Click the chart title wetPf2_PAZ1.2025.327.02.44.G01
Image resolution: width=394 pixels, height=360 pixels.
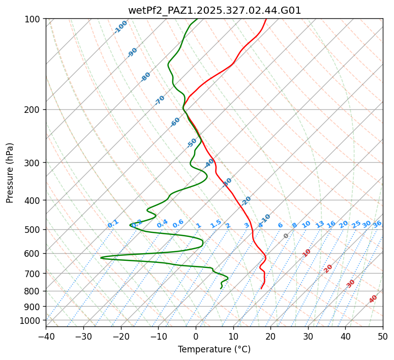(214, 10)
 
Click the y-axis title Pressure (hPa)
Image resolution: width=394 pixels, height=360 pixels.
(10, 173)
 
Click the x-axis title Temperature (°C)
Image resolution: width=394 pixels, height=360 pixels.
(214, 349)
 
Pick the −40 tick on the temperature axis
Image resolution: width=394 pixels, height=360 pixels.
(46, 336)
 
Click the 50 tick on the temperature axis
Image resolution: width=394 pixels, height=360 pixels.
(383, 336)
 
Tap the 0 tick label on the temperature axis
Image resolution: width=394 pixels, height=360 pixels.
(196, 336)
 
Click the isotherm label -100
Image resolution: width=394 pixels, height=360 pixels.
(121, 26)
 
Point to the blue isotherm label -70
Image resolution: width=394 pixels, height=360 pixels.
(160, 100)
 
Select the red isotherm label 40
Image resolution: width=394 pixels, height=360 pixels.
(373, 299)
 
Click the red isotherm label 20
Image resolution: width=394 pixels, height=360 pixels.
(328, 268)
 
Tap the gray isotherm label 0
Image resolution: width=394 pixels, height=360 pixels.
(286, 236)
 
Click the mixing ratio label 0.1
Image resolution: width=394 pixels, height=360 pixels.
(113, 224)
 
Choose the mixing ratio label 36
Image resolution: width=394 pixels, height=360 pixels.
(377, 224)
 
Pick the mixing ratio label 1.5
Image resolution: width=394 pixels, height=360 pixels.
(216, 224)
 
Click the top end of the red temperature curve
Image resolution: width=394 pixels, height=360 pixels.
(266, 19)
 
